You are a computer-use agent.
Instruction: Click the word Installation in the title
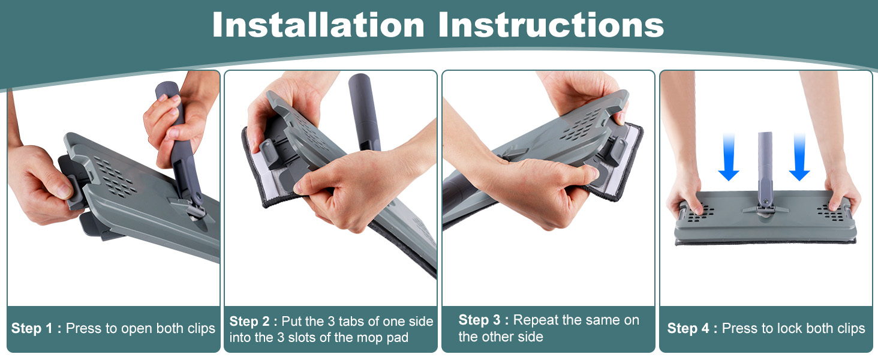(x=318, y=25)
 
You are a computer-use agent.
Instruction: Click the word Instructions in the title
(x=551, y=25)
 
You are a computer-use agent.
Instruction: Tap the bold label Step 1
(x=32, y=328)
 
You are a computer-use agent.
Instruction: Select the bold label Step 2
(x=249, y=321)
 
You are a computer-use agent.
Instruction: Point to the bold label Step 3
(x=479, y=320)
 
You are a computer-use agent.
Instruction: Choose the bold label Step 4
(x=688, y=328)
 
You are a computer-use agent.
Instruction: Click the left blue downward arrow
(x=729, y=157)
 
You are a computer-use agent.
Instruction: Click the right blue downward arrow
(x=799, y=157)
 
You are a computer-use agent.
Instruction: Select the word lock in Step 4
(x=778, y=328)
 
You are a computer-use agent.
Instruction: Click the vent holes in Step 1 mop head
(x=115, y=177)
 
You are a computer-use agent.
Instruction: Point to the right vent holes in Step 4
(x=830, y=213)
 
